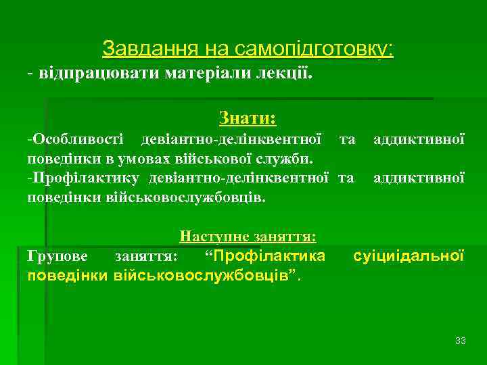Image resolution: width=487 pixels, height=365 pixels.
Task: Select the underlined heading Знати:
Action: click(x=248, y=119)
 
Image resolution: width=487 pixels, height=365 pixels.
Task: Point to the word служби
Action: click(x=287, y=160)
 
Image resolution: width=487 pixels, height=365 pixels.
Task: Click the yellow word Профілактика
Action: click(x=269, y=256)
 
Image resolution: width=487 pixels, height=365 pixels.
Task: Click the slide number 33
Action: click(x=461, y=340)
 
